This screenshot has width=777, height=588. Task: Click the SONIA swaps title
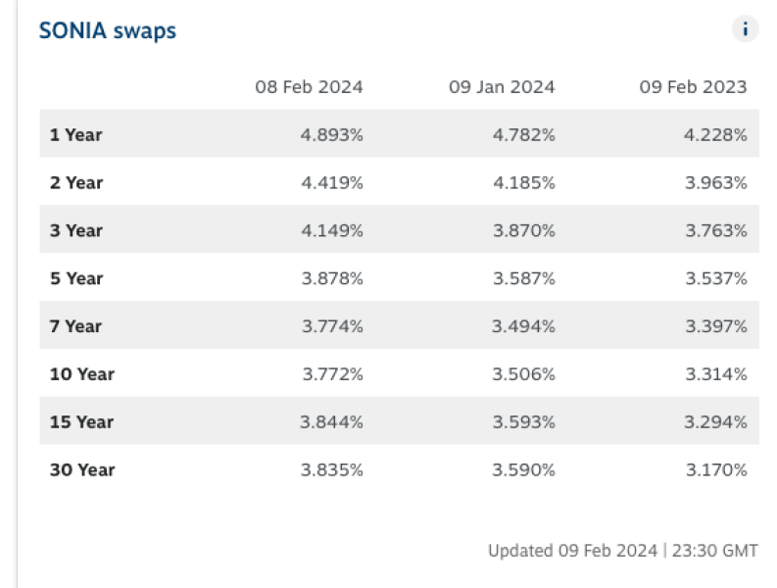tap(108, 31)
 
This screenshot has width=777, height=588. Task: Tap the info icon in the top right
tap(745, 29)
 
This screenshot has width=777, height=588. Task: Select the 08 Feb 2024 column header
tap(309, 87)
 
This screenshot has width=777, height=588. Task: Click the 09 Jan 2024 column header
tap(502, 87)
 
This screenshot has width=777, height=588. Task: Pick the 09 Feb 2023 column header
tap(693, 87)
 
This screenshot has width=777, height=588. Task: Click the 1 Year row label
tap(75, 135)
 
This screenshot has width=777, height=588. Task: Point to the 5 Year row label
tap(75, 278)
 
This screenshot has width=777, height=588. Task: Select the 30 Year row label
tap(82, 469)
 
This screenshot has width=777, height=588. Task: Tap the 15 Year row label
tap(82, 422)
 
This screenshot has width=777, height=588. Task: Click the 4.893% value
tap(332, 135)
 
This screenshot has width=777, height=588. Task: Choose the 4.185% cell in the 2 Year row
tap(523, 182)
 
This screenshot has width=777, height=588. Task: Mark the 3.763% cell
tap(715, 230)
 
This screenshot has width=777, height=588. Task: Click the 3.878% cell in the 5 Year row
tap(332, 278)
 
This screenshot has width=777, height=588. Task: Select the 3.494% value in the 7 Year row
tap(523, 326)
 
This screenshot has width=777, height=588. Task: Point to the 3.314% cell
tap(715, 374)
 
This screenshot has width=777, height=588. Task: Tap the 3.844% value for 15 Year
tap(332, 422)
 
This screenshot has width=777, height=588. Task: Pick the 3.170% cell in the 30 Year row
tap(715, 469)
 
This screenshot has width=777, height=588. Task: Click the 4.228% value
tap(715, 135)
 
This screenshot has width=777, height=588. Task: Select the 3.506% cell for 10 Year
tap(523, 374)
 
